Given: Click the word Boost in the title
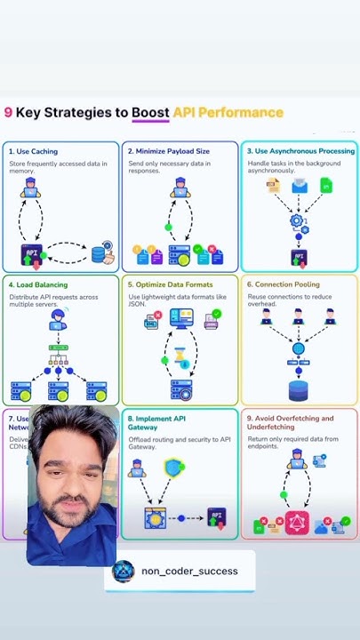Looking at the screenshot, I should (150, 113).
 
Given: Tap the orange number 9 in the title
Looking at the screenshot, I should (8, 113).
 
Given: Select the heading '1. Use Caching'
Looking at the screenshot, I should (33, 151).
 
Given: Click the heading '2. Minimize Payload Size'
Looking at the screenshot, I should (170, 151).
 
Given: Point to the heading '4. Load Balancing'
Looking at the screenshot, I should (41, 284).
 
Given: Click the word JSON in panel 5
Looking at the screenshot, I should (138, 304).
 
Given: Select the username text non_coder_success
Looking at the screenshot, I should (189, 571).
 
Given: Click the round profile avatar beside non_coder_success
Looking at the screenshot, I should (124, 571).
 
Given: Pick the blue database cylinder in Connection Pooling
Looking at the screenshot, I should (299, 389).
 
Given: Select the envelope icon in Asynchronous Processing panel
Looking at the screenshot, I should (300, 186).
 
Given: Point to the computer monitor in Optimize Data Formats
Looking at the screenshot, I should (181, 318).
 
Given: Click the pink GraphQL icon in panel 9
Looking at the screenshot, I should (296, 525).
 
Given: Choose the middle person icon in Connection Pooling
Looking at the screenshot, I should (299, 316).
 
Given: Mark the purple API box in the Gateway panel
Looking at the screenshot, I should (217, 516).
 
